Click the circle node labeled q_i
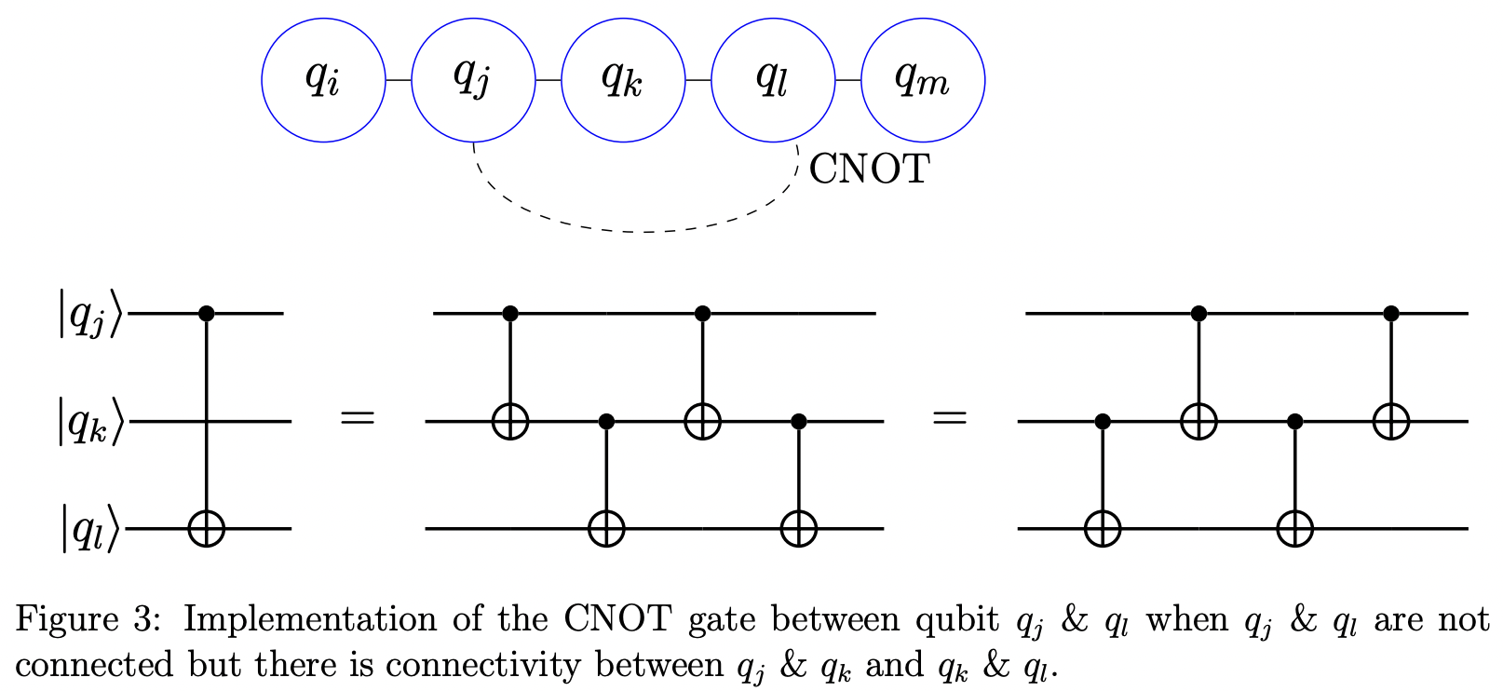click(323, 80)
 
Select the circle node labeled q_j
click(473, 80)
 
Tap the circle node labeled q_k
click(623, 80)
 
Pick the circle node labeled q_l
click(773, 80)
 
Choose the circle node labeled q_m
click(923, 80)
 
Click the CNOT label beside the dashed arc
click(869, 169)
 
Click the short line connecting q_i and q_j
click(399, 81)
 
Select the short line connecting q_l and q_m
click(848, 81)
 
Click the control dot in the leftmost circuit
click(207, 315)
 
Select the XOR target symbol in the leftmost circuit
click(207, 529)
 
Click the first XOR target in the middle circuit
click(509, 422)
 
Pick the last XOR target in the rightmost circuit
click(1390, 422)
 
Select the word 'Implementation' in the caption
click(308, 619)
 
